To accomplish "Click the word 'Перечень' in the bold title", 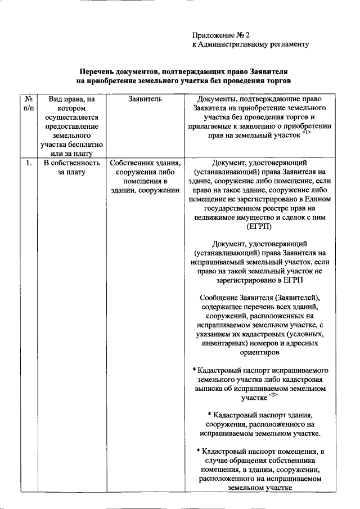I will (97, 73).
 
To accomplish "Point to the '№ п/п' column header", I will (29, 103).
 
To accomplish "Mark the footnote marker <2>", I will (273, 395).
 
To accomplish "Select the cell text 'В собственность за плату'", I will (71, 168).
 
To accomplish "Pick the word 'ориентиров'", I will (259, 352).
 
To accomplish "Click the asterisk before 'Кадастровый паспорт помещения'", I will (199, 451).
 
